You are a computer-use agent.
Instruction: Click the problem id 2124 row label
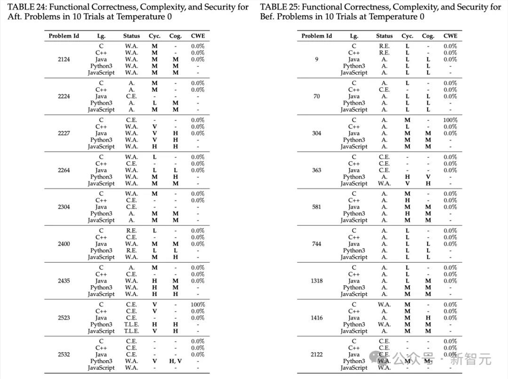(x=64, y=59)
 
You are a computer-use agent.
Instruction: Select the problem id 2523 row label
(x=64, y=318)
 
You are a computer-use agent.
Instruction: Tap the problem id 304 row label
(x=317, y=133)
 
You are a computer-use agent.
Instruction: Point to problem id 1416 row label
(x=317, y=318)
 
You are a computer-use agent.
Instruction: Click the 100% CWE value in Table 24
(x=198, y=305)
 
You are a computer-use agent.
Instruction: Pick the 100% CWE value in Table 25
(x=450, y=120)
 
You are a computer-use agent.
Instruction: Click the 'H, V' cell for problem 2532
(x=175, y=361)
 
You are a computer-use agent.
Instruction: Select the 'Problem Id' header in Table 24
(x=64, y=36)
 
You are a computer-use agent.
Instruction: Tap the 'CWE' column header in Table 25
(x=450, y=36)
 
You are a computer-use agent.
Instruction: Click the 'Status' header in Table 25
(x=385, y=36)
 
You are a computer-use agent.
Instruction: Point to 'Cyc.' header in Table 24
(x=154, y=36)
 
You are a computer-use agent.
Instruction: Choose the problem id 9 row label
(x=317, y=59)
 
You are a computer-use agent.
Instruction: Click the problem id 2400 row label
(x=64, y=244)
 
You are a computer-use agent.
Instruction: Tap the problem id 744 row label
(x=317, y=244)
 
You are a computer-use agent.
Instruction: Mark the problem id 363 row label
(x=317, y=170)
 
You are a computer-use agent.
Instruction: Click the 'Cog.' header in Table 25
(x=428, y=36)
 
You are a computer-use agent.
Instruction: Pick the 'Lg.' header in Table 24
(x=101, y=36)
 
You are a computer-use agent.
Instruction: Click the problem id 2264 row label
(x=64, y=170)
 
